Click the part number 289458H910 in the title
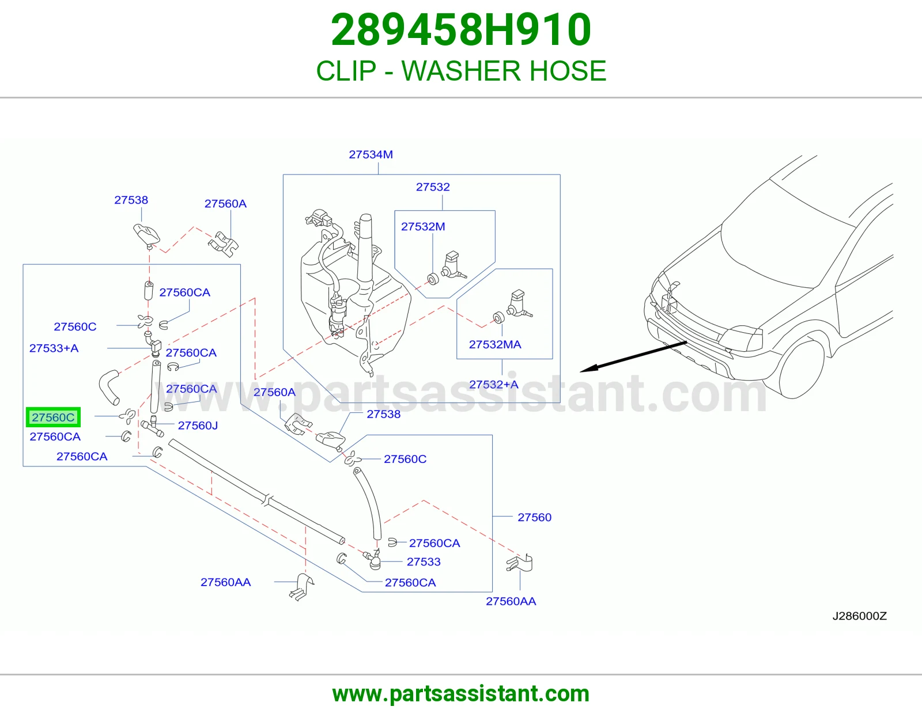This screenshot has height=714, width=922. [461, 30]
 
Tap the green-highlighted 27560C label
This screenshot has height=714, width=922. [53, 417]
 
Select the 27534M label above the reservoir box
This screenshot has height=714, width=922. [371, 154]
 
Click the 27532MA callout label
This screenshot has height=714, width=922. [495, 344]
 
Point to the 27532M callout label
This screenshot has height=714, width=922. [423, 226]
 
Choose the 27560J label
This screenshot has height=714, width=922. [198, 426]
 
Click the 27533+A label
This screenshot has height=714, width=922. [54, 348]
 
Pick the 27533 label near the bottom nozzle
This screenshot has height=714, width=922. [424, 561]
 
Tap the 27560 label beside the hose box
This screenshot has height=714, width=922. [534, 517]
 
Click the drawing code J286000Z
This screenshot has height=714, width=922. [859, 616]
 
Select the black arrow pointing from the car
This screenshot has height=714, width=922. [633, 356]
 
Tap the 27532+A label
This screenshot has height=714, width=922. [493, 384]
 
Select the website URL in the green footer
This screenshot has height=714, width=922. [461, 694]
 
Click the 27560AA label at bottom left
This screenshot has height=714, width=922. [225, 582]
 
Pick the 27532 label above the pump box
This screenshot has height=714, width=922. [432, 187]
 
